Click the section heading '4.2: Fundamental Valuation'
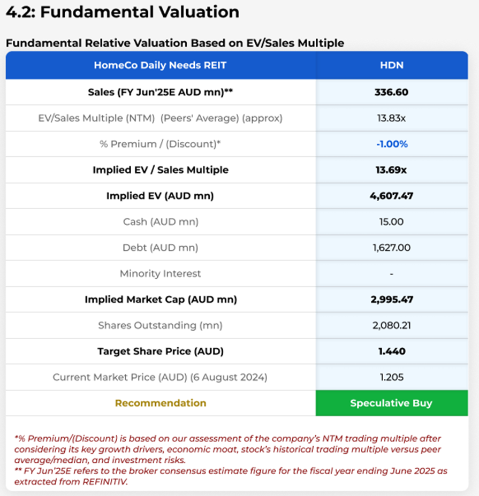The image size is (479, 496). tap(123, 12)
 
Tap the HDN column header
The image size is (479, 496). tap(391, 65)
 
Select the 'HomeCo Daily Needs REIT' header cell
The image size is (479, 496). tap(160, 65)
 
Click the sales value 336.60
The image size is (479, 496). tap(391, 92)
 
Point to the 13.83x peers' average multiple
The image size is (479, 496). tap(391, 118)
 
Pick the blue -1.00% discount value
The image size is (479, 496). tap(391, 144)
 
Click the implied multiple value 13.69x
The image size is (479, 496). tap(391, 170)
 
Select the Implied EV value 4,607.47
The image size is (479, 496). tap(391, 196)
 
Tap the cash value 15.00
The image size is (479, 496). tap(391, 222)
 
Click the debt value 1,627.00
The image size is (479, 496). tap(391, 248)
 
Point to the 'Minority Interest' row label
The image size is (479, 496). tap(160, 273)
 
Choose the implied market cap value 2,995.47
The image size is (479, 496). tap(391, 300)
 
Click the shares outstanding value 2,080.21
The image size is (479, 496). tap(391, 325)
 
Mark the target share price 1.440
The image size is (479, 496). tap(391, 352)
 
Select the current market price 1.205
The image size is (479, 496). tap(391, 377)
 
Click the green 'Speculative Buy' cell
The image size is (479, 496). tap(391, 403)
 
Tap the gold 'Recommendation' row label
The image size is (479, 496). tap(160, 403)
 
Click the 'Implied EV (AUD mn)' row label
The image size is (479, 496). tap(160, 196)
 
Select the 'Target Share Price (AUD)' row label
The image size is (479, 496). tap(160, 352)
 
